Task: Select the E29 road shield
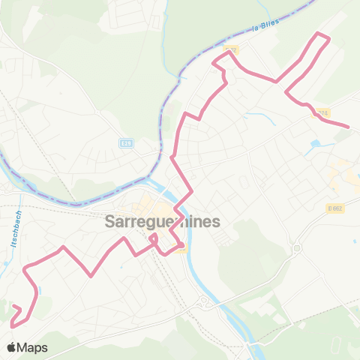(126, 142)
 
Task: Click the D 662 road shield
(334, 208)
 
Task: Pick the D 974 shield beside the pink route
(321, 113)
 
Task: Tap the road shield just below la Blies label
(231, 50)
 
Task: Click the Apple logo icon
(12, 347)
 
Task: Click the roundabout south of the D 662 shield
(297, 248)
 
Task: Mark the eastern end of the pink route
(348, 127)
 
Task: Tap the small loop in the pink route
(154, 240)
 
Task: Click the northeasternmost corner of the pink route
(321, 34)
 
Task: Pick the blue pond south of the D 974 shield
(313, 143)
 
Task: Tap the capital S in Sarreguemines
(110, 222)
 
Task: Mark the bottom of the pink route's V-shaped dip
(91, 275)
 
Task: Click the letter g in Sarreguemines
(152, 223)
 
